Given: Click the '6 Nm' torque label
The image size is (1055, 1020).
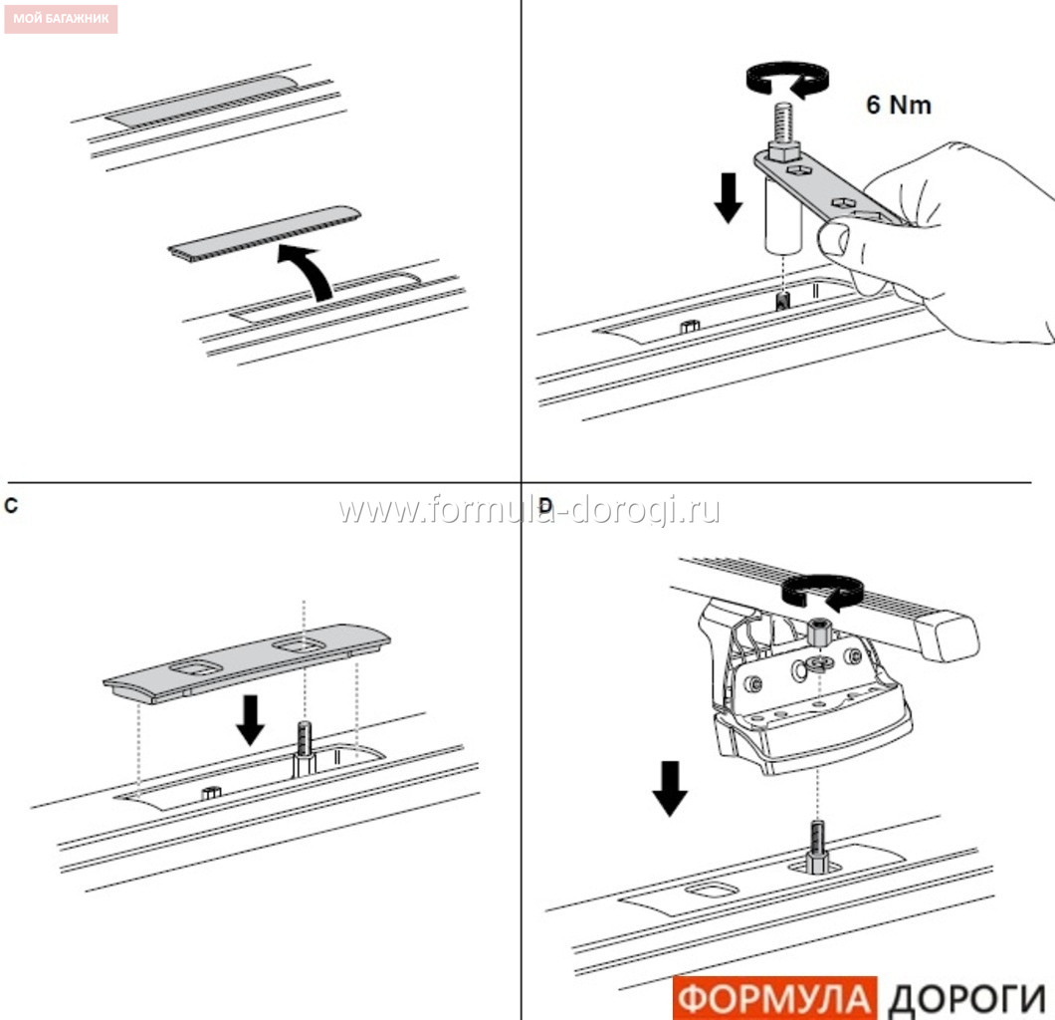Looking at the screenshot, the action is coord(898,105).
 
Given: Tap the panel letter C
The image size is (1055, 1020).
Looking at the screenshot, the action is coord(11,506).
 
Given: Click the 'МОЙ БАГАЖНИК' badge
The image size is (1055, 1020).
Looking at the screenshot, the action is coord(61,19).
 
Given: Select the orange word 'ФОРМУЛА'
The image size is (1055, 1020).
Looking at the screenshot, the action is coord(775,998).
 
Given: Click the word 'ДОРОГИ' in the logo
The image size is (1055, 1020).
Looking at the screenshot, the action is coord(966,1000).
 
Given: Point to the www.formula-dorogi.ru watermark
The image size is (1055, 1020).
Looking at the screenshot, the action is coord(528,510).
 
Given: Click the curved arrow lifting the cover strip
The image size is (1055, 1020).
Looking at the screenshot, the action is coord(307,271).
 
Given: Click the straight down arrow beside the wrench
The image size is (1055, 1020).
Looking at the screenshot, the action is coord(728,197).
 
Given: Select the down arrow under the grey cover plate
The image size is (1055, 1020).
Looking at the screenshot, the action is coord(250,720).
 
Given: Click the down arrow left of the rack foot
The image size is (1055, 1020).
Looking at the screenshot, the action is coord(670,788).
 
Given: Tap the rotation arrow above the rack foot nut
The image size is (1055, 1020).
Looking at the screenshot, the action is coord(822,593).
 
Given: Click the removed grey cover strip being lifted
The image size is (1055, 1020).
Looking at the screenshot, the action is coord(265,233).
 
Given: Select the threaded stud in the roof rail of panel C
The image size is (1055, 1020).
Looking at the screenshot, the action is coord(305,749).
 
